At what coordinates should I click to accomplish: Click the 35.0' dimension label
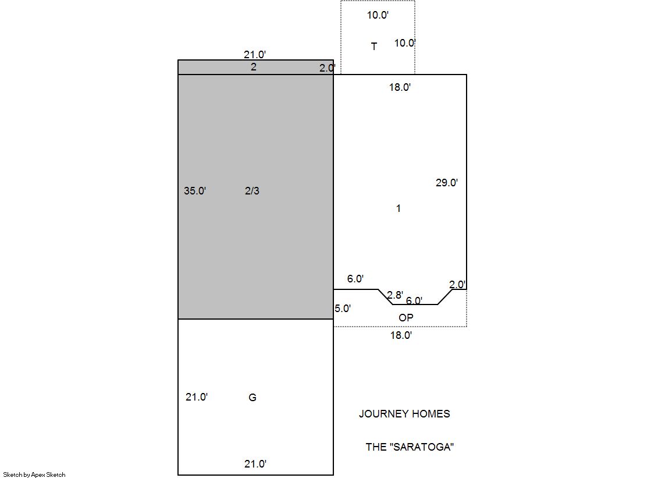coord(195,191)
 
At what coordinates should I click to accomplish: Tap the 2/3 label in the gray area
coord(252,191)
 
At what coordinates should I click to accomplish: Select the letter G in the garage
coord(252,398)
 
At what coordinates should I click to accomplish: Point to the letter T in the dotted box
coord(374,46)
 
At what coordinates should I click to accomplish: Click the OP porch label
coord(406,318)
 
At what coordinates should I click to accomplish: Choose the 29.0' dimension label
coord(447,182)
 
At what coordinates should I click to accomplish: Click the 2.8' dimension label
coord(395,295)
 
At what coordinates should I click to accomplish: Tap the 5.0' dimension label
coord(343,309)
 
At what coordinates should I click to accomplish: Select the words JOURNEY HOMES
coord(404,414)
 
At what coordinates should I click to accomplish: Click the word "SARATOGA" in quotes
coord(421,447)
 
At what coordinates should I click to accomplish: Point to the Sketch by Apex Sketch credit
coord(34,475)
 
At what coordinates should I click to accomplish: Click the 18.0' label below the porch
coord(401,335)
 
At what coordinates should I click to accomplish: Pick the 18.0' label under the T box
coord(400,87)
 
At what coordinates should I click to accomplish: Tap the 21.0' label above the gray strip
coord(255,55)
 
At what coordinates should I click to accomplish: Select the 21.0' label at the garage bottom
coord(255,464)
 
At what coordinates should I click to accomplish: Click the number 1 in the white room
coord(399,208)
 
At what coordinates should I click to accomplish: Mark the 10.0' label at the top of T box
coord(378,15)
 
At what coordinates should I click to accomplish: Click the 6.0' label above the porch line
coord(355,279)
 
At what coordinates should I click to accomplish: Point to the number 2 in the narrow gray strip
coord(254,67)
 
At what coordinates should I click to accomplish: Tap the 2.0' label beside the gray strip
coord(328,68)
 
